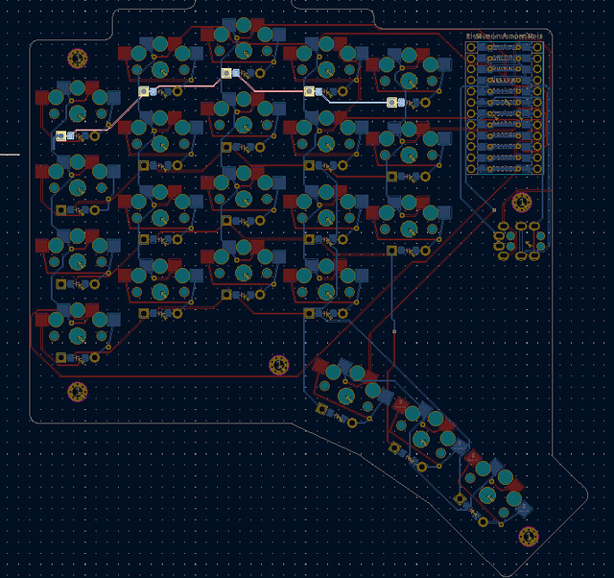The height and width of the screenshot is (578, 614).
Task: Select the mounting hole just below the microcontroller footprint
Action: coord(521,203)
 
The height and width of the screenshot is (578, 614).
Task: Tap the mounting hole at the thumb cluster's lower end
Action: coord(527,536)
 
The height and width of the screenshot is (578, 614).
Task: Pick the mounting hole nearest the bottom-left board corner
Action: coord(77,392)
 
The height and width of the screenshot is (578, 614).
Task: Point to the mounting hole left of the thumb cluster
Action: coord(279,364)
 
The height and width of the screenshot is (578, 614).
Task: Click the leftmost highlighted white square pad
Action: coord(61,136)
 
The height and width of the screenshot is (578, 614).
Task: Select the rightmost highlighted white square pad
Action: coord(390,102)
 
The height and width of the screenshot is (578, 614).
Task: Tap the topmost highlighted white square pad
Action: coord(226,72)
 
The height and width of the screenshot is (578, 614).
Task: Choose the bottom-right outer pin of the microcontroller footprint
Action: coord(538,169)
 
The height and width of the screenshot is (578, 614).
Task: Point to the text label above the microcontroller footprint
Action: coord(505,36)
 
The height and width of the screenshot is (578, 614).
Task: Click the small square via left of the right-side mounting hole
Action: coord(494,208)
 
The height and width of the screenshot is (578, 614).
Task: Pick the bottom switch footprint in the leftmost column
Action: coord(73,326)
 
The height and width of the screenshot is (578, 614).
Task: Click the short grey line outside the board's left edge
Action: coord(9,153)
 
